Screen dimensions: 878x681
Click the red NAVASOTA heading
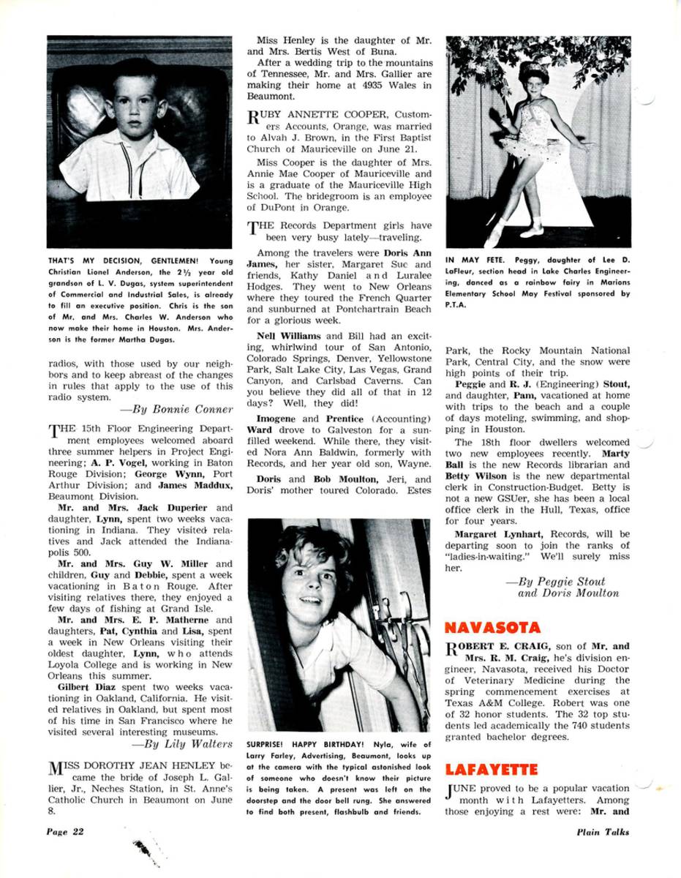coord(493,628)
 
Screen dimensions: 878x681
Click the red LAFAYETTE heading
coord(492,769)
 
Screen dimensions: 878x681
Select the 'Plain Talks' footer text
coord(602,831)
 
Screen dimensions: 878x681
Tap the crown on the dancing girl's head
coord(533,72)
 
